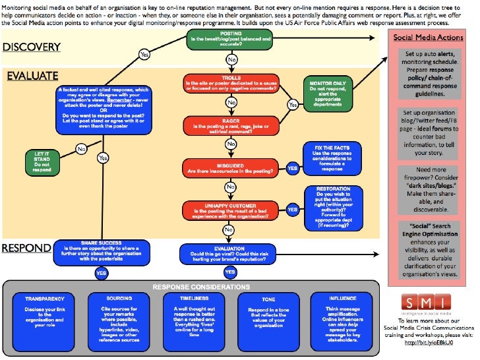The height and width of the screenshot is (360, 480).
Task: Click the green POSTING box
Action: coord(231,39)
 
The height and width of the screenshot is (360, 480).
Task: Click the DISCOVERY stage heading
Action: coord(31,47)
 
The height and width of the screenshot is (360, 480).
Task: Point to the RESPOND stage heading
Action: coord(26,249)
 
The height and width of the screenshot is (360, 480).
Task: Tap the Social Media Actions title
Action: coord(429,38)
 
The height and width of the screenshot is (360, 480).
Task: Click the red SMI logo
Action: coord(429,300)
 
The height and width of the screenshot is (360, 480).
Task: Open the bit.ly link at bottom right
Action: coord(429,343)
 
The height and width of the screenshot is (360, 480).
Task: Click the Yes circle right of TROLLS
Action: coord(292,104)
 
